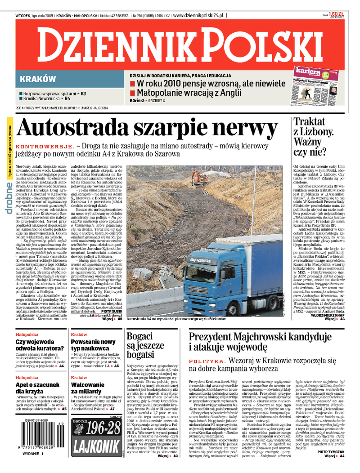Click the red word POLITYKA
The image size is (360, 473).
(207, 361)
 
